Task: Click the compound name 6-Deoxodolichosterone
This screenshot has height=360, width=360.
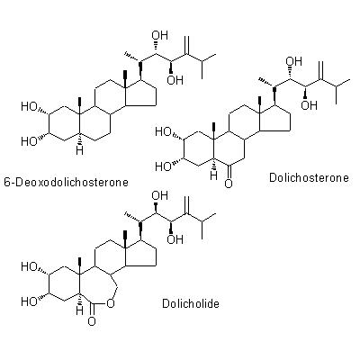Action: (66, 182)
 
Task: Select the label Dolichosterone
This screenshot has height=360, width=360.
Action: (309, 177)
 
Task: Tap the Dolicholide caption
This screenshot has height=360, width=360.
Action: (191, 303)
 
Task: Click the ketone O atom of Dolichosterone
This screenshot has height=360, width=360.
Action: (229, 183)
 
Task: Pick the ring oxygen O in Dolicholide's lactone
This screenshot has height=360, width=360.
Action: (111, 304)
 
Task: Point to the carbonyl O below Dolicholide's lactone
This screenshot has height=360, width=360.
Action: (92, 321)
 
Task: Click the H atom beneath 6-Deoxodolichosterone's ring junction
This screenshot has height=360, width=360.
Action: (79, 150)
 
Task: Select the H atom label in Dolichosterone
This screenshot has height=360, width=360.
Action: (213, 175)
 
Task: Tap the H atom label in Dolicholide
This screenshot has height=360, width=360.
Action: (79, 310)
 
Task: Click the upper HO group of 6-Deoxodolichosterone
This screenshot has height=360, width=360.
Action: (29, 107)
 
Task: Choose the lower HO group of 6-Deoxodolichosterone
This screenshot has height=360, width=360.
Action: (29, 141)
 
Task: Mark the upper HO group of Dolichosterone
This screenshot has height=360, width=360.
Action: (163, 132)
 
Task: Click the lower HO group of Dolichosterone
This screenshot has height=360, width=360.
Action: (163, 166)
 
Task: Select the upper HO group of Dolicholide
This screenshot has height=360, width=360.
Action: (29, 266)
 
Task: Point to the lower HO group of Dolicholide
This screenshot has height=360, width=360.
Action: (29, 301)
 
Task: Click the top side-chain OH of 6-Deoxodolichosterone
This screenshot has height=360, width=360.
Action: (160, 35)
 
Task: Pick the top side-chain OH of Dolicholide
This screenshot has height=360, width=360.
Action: (160, 195)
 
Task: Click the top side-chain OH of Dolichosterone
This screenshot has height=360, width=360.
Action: (294, 60)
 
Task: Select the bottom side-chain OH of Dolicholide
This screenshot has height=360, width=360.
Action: (175, 239)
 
